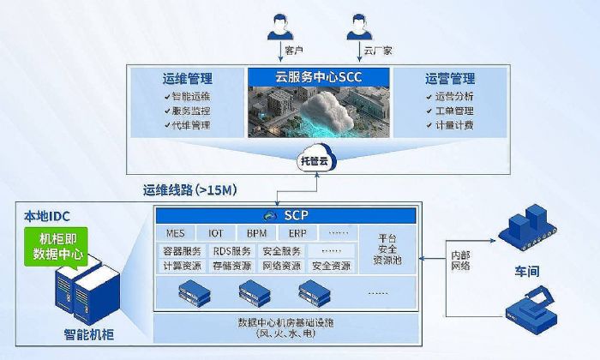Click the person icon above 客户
(280, 27)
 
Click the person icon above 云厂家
(359, 27)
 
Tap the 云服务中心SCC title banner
(318, 77)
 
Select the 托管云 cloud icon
(316, 158)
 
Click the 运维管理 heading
(188, 78)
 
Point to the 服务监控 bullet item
(188, 111)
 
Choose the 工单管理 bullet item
(450, 111)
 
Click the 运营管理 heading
(450, 78)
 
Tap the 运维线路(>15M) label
(190, 189)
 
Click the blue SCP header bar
(285, 216)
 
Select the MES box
(175, 233)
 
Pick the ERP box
(297, 233)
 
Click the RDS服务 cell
(232, 251)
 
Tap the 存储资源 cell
(232, 266)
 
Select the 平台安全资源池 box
(387, 249)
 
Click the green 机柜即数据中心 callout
(57, 246)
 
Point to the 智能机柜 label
(89, 335)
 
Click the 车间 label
(527, 271)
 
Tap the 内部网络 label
(460, 261)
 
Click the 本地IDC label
(47, 217)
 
